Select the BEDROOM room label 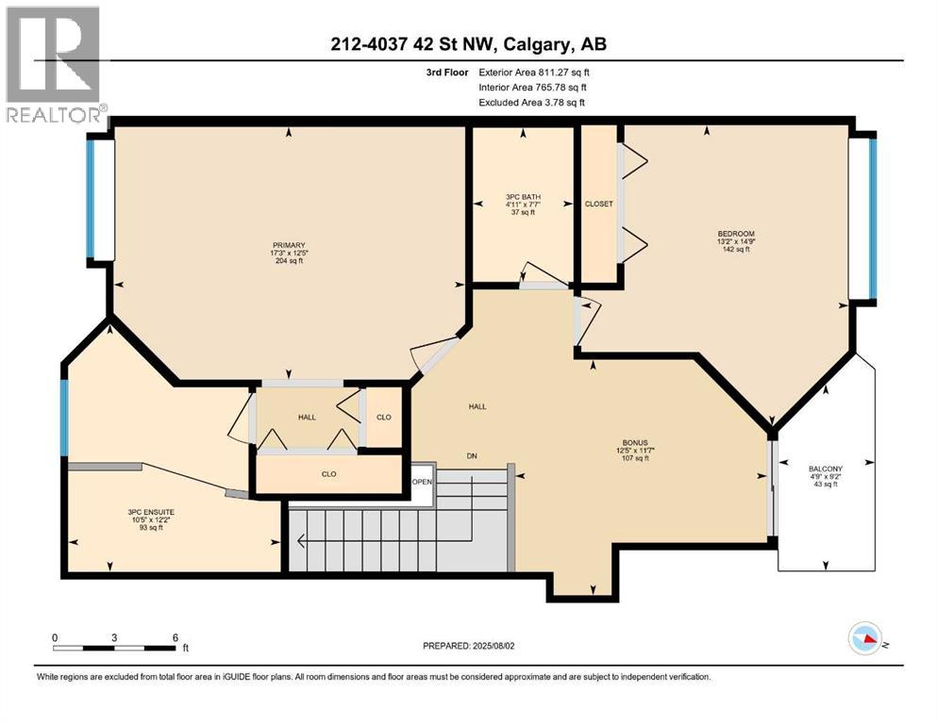pos(735,234)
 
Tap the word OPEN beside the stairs pos(422,482)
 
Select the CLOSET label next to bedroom pos(598,204)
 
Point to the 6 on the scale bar pos(175,637)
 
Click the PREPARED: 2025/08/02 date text pos(468,646)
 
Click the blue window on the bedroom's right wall pos(873,217)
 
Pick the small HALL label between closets pos(307,417)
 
